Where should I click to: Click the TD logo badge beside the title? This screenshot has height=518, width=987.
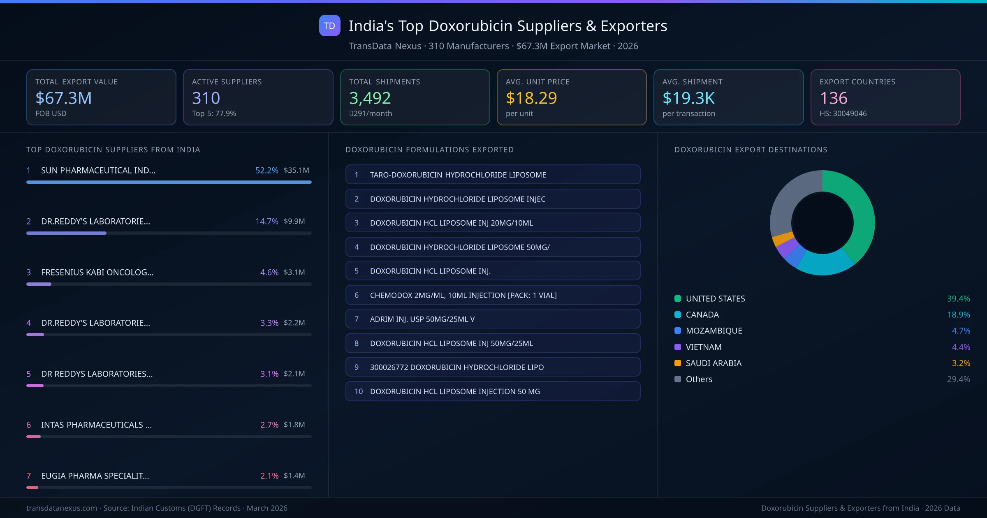[x=329, y=25]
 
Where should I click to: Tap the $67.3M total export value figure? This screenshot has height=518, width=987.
[x=64, y=98]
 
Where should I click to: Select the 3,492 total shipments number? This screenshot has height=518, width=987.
[x=370, y=98]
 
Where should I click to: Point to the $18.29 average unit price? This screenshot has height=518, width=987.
[x=531, y=98]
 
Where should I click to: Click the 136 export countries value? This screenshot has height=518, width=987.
[x=834, y=98]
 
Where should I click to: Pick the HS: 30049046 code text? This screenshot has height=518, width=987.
[x=843, y=113]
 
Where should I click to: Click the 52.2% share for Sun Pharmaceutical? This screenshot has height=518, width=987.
[x=266, y=170]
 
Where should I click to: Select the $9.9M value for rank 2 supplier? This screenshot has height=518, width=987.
[x=294, y=221]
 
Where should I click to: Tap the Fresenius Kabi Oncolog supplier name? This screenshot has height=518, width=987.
[x=97, y=272]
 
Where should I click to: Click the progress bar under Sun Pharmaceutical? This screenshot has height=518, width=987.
[x=169, y=182]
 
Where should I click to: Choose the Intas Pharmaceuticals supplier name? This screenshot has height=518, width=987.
[x=96, y=425]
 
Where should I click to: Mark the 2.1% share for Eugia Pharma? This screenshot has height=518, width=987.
[x=269, y=476]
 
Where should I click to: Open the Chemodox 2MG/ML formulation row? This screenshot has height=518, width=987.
[x=493, y=295]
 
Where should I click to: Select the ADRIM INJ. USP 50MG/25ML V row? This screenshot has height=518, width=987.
[x=493, y=319]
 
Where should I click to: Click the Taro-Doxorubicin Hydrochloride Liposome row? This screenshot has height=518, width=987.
[x=493, y=175]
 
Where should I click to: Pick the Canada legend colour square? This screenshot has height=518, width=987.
[x=678, y=315]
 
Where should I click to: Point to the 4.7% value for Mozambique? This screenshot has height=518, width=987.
[x=961, y=331]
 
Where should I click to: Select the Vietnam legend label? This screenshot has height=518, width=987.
[x=703, y=347]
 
